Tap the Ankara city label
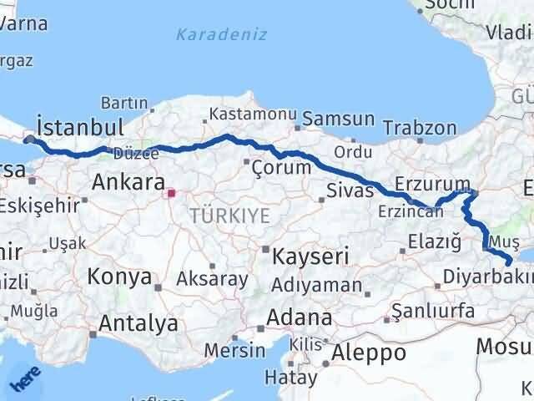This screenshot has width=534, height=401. (128, 182)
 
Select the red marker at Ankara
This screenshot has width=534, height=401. (171, 194)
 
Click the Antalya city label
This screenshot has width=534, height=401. (138, 323)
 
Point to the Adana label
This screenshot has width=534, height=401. (300, 318)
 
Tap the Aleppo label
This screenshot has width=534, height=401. (368, 352)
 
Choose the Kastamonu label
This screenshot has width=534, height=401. (242, 113)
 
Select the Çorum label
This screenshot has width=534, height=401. (280, 167)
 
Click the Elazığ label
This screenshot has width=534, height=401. (434, 242)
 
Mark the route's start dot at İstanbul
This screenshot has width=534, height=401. (30, 140)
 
